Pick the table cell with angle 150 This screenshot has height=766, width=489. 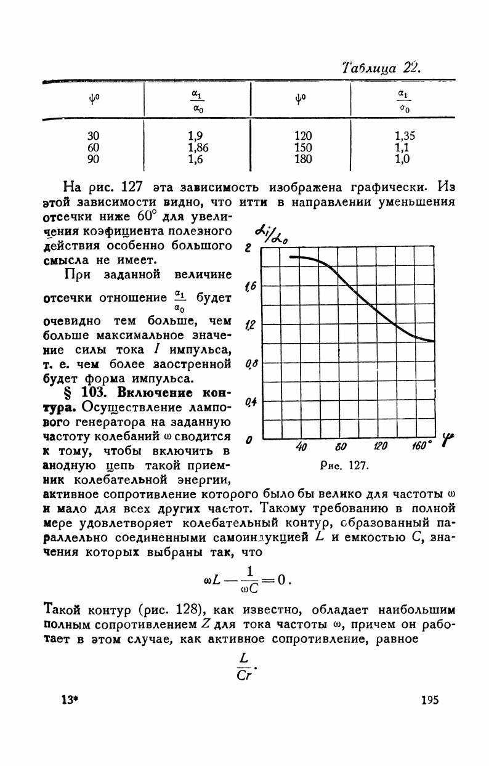point(303,148)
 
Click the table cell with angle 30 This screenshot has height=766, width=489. point(93,135)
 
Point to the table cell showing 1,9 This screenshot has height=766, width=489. point(196,135)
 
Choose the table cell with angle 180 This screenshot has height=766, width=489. point(303,159)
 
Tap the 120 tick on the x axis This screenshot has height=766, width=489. point(380,448)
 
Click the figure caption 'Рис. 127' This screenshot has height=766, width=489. point(344,466)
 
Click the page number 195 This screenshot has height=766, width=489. point(429,700)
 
